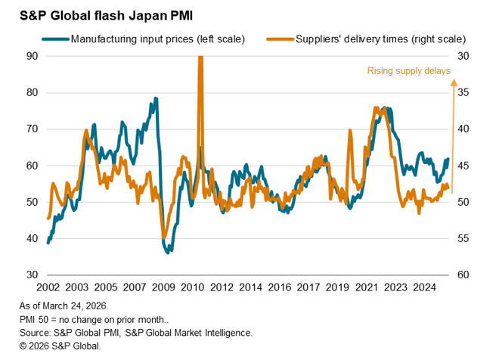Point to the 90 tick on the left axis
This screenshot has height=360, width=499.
tap(33, 56)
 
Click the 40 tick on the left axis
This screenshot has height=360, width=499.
tap(33, 238)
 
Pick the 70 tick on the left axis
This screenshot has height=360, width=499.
tap(33, 129)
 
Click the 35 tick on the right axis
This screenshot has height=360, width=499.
tap(463, 93)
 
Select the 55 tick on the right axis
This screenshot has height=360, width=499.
tap(463, 238)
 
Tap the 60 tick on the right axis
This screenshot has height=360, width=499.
tap(463, 275)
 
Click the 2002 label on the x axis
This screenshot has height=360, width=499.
tap(48, 287)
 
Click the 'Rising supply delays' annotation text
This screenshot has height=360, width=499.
tap(409, 71)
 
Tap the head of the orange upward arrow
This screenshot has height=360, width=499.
tap(452, 85)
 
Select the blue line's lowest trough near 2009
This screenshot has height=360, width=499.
tap(167, 251)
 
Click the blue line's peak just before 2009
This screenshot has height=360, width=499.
tap(156, 98)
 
